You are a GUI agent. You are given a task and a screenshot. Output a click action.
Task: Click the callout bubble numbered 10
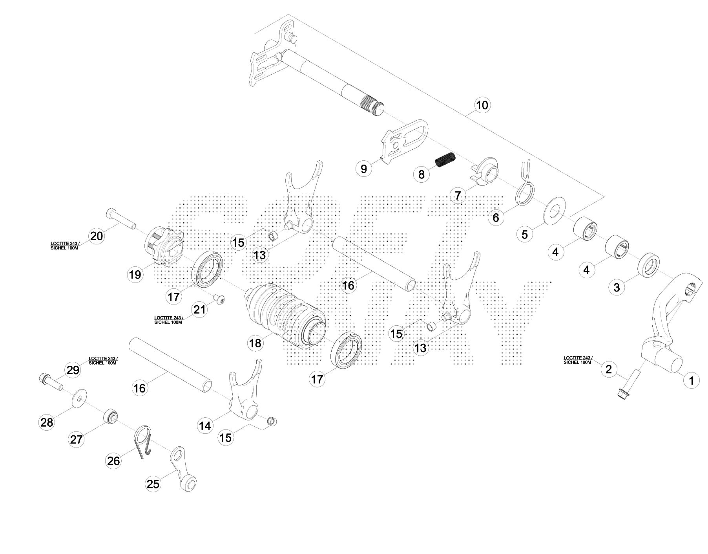[482, 105]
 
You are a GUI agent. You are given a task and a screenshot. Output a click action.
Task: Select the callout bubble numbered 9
[364, 169]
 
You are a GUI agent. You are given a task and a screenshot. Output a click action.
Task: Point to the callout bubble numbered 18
[255, 343]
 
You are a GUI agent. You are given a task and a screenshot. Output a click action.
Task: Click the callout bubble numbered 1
[692, 380]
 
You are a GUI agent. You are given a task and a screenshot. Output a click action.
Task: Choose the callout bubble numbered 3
[617, 287]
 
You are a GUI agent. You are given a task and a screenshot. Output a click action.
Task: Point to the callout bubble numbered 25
[153, 484]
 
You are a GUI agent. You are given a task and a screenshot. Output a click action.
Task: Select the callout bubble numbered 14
[205, 426]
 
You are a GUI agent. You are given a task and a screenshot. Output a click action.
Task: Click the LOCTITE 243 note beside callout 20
[65, 246]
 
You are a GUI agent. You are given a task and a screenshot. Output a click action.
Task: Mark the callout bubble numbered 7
[458, 195]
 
